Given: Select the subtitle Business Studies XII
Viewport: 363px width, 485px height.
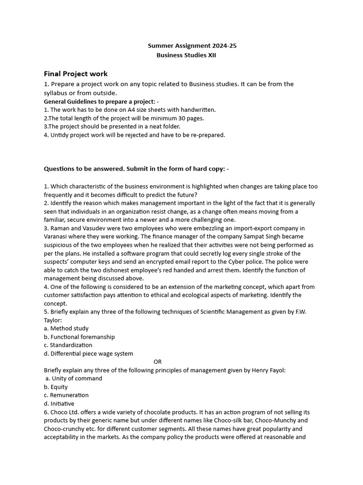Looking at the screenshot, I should pos(186,55).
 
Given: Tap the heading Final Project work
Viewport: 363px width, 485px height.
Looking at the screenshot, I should pos(76,74).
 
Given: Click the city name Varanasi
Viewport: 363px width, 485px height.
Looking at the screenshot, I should pos(57,236).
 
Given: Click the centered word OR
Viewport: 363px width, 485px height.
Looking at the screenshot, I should pos(157,362).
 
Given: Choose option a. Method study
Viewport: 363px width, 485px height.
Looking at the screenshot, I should pos(66,328).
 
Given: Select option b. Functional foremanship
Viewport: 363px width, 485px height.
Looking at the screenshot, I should pos(79,337).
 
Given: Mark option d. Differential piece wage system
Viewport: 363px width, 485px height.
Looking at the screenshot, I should pos(88,353).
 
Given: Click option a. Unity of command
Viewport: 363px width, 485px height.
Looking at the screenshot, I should pos(73,378).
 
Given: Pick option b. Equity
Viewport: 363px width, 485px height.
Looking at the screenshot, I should pos(56,387).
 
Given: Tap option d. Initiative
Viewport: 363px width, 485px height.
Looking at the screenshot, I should pos(59,404).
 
